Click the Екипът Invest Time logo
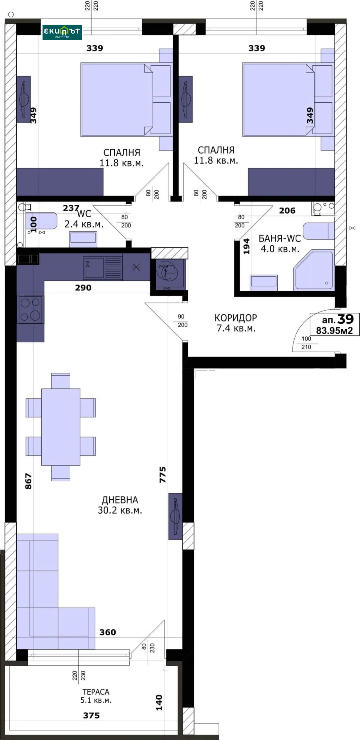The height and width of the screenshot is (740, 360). (x=62, y=32)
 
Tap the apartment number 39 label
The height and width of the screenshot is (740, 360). (x=345, y=319)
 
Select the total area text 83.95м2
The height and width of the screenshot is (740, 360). (x=334, y=331)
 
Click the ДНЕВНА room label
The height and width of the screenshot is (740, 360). (x=120, y=500)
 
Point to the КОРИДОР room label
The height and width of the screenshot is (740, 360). (x=235, y=318)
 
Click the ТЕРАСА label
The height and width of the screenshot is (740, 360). (x=96, y=692)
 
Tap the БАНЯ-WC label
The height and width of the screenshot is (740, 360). (x=279, y=238)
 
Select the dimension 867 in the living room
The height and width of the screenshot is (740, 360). (x=28, y=481)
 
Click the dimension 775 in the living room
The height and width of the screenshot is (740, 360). (x=162, y=475)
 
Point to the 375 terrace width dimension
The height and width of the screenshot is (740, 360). (x=91, y=715)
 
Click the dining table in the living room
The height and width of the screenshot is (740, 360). (x=61, y=427)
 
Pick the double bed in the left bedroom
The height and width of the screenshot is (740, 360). (x=117, y=100)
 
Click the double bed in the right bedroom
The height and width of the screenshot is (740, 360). (x=278, y=100)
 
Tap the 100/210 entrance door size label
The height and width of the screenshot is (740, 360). (x=306, y=343)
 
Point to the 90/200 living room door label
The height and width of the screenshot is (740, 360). (x=182, y=321)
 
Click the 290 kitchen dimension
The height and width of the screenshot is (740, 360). (x=83, y=288)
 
